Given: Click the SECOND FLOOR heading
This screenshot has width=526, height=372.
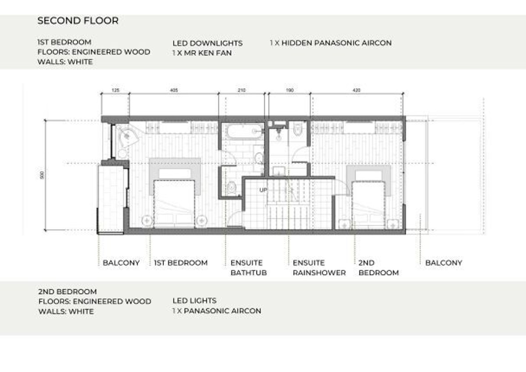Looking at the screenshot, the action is click(x=78, y=21).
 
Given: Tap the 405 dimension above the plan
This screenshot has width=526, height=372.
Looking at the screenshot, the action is click(x=174, y=90).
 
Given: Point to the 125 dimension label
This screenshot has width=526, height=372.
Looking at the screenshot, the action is click(x=115, y=90).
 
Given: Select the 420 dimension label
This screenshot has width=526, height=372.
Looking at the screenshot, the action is click(x=356, y=90).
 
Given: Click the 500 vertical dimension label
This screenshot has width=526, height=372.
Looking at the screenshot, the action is click(x=42, y=175).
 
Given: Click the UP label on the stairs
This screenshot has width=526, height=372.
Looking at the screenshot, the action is click(x=263, y=190).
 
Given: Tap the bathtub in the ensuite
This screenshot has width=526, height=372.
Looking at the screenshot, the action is click(x=244, y=131).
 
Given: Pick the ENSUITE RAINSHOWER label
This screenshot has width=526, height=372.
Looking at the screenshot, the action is click(x=319, y=268).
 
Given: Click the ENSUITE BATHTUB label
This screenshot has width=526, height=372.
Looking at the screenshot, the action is click(x=249, y=268).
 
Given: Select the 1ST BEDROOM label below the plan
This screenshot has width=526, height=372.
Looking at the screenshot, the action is click(x=181, y=263).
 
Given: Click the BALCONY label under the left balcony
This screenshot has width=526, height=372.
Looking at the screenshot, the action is click(x=121, y=263).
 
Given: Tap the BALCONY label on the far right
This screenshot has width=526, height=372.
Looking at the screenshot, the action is click(x=444, y=263).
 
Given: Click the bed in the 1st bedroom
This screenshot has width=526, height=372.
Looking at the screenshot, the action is click(x=174, y=203).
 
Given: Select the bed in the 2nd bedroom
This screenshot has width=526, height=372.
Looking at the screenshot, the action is click(x=369, y=205).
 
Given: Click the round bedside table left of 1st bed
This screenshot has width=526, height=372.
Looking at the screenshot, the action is click(x=147, y=220).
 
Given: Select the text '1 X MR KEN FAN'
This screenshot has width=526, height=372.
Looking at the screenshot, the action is click(x=202, y=53).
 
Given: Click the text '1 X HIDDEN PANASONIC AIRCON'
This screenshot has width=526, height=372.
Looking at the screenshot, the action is click(x=331, y=43).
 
